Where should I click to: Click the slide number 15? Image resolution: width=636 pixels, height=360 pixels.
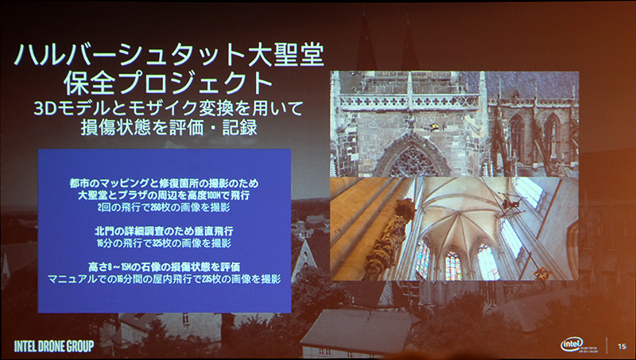pyautogui.click(x=622, y=343)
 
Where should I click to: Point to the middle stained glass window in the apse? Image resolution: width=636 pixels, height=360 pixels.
pyautogui.click(x=452, y=263)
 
